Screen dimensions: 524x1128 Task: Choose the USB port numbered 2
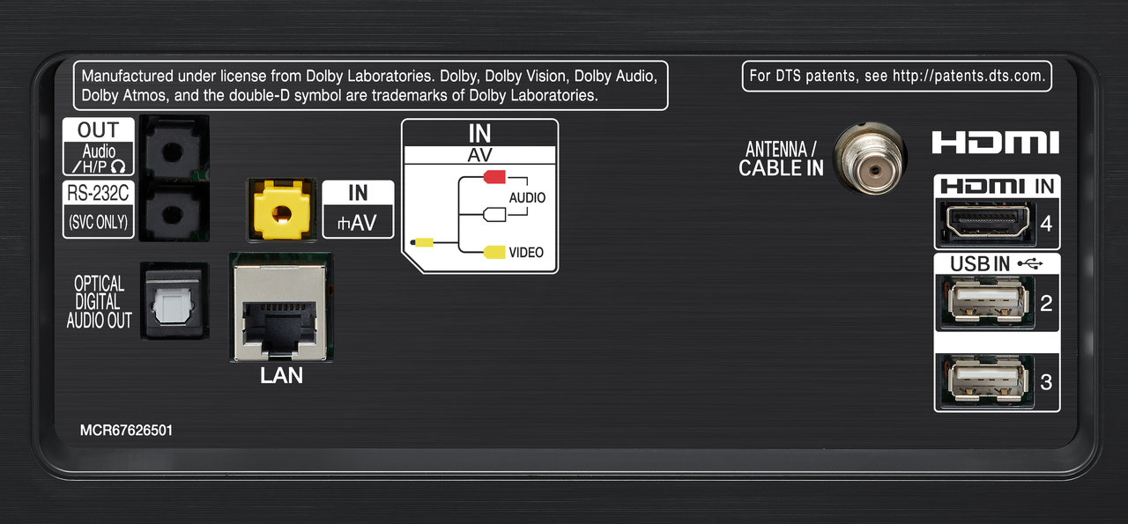(x=983, y=302)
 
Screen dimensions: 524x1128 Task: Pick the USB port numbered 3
(x=983, y=380)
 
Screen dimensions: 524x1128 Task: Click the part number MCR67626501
(x=126, y=431)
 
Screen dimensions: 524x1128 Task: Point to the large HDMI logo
(x=995, y=143)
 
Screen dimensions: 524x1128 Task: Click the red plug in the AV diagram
(x=493, y=177)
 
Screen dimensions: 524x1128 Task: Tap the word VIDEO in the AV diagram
(x=526, y=253)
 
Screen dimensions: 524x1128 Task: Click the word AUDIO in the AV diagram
(x=527, y=198)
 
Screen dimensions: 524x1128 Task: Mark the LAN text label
(x=281, y=375)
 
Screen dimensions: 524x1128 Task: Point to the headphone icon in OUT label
(x=118, y=166)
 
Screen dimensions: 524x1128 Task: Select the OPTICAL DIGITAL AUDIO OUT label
(x=99, y=302)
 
